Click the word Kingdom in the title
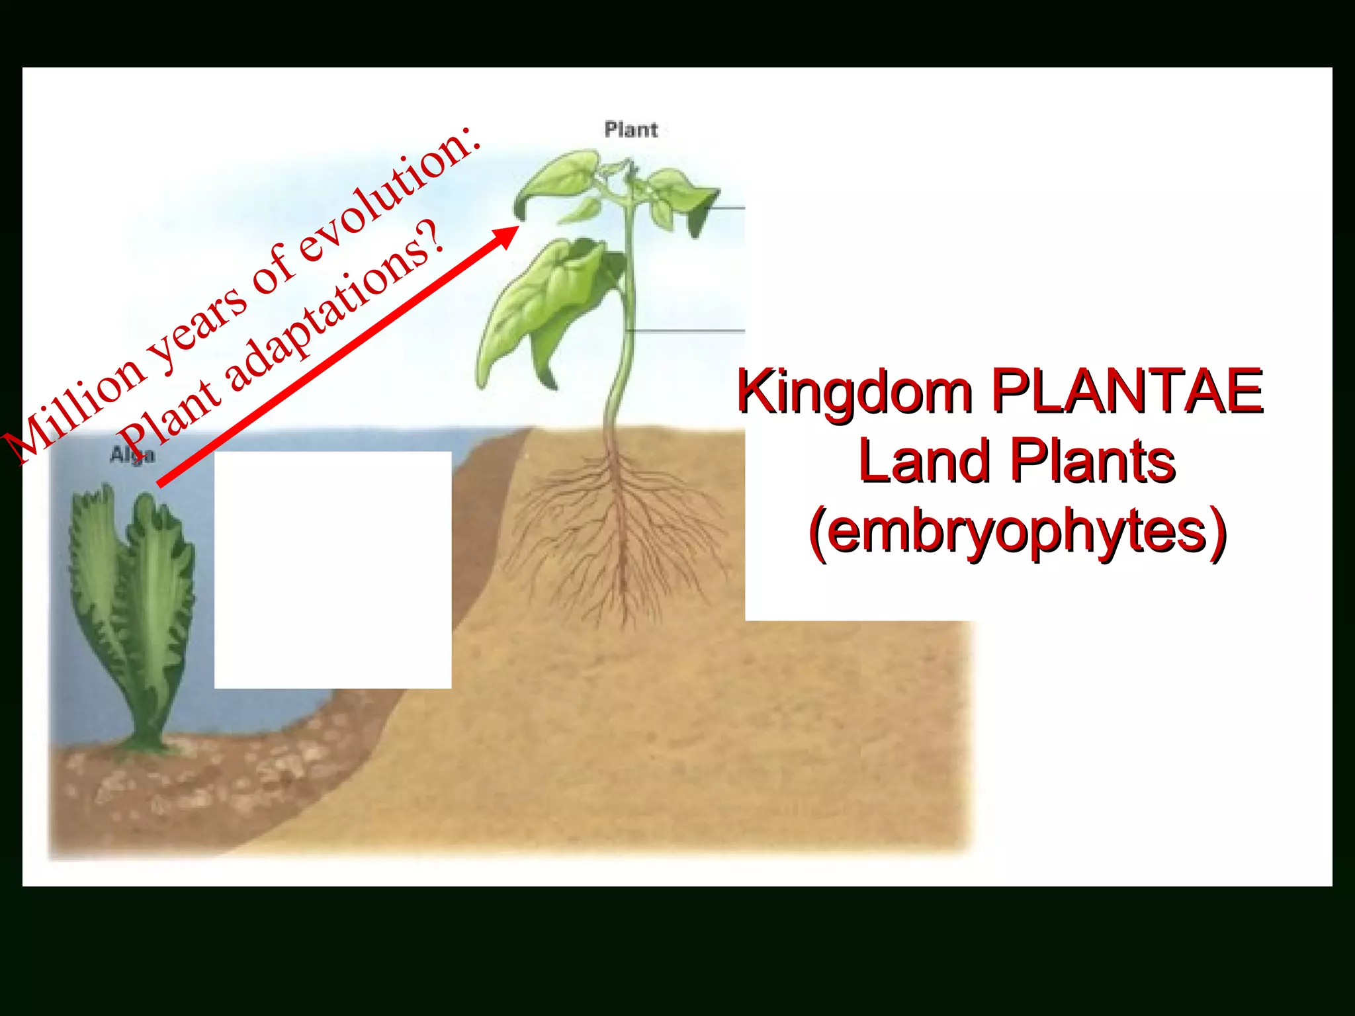(x=854, y=393)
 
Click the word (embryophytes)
(x=1018, y=531)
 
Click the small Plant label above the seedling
(x=631, y=130)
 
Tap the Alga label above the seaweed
(x=132, y=455)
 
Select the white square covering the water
(x=333, y=570)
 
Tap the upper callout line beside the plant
(x=724, y=208)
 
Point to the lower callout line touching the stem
(x=688, y=330)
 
